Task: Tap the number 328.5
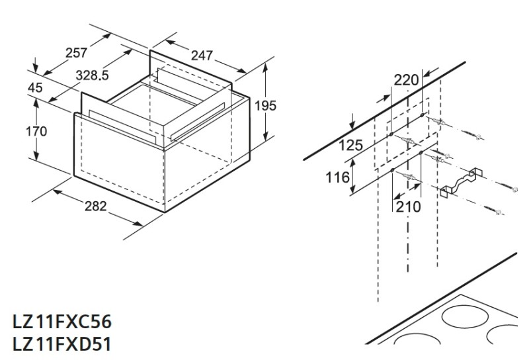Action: [92, 75]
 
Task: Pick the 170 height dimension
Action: [18, 131]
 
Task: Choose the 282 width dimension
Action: [96, 206]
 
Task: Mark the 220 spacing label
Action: [406, 80]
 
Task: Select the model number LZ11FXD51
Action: [61, 344]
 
